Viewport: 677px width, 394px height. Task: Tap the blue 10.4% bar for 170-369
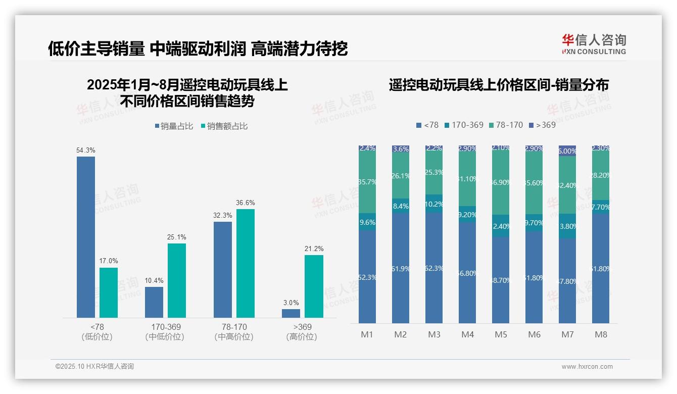click(x=154, y=302)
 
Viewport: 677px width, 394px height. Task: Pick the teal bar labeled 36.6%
click(x=246, y=263)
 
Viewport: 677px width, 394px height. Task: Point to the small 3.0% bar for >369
click(x=291, y=313)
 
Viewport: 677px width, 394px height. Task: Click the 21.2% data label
click(x=314, y=249)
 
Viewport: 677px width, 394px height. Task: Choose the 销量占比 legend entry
click(x=174, y=126)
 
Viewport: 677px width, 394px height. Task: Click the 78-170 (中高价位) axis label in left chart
click(x=234, y=332)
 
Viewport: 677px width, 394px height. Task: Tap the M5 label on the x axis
click(x=501, y=334)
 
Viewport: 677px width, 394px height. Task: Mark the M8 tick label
click(x=601, y=334)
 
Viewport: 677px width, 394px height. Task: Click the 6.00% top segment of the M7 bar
click(x=567, y=151)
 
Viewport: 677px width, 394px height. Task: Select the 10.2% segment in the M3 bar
click(x=434, y=204)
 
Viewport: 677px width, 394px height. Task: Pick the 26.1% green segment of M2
click(x=401, y=175)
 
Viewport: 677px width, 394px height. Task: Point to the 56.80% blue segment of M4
click(x=467, y=273)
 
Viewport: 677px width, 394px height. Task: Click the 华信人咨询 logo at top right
click(x=594, y=44)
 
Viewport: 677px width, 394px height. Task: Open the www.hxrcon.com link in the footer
click(x=587, y=367)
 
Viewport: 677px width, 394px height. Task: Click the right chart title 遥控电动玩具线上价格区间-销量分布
click(x=499, y=85)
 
